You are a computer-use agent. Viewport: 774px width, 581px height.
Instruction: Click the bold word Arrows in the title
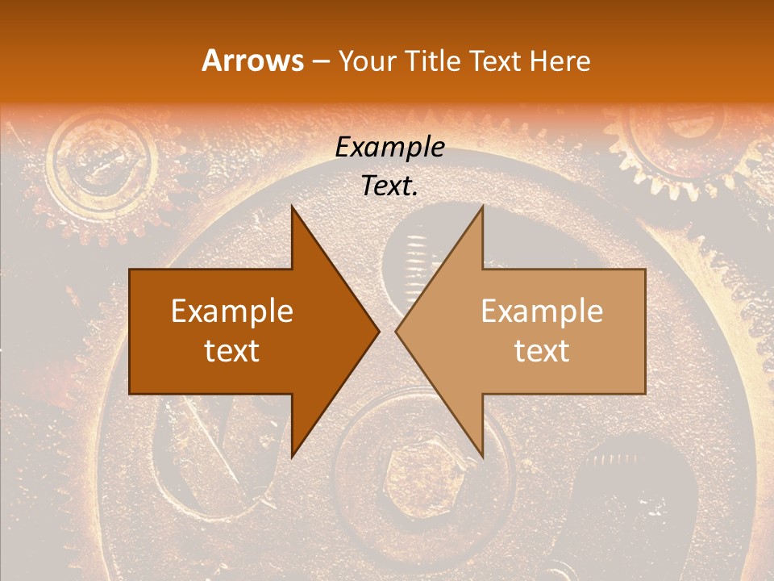(x=253, y=61)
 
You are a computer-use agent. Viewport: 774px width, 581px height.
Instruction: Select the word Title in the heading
(x=436, y=61)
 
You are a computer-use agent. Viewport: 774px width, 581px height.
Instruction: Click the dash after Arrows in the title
(x=321, y=61)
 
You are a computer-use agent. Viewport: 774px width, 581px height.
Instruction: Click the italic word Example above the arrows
(x=389, y=147)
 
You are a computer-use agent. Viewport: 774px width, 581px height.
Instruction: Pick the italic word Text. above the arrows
(x=389, y=186)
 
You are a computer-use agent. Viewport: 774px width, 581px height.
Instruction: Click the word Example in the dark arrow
(x=232, y=311)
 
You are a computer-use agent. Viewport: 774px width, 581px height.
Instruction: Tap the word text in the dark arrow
(x=232, y=350)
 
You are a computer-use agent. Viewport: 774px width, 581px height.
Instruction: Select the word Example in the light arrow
(x=542, y=311)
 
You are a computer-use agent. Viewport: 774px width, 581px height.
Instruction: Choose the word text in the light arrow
(x=542, y=350)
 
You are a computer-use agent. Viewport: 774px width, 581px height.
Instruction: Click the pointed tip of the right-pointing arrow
(x=378, y=331)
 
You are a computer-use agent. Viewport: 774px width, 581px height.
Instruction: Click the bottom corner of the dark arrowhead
(x=293, y=456)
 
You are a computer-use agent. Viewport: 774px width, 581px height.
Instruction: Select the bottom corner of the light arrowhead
(x=482, y=456)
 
